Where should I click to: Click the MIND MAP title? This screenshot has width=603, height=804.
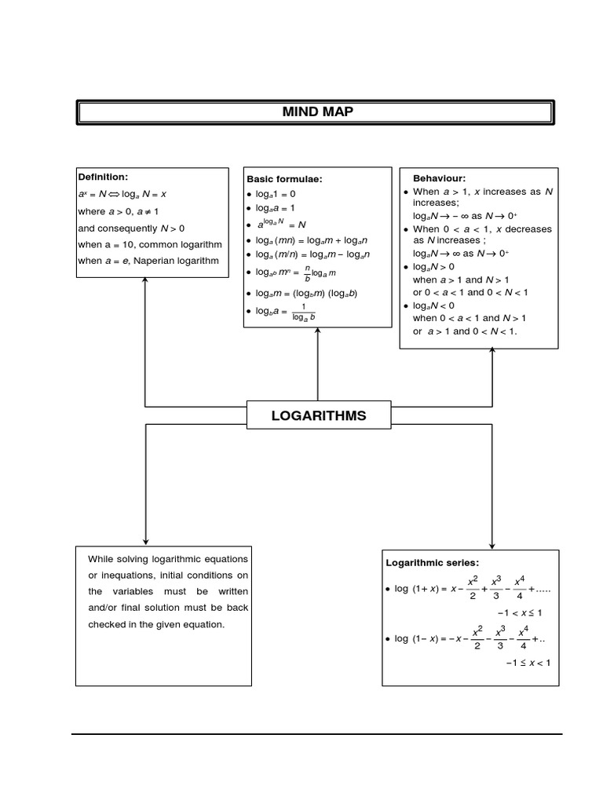(x=317, y=112)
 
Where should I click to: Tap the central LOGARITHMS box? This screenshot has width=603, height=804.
(x=318, y=415)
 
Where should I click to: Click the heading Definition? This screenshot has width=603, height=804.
(x=102, y=177)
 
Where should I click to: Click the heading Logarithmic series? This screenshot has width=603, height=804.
(x=432, y=562)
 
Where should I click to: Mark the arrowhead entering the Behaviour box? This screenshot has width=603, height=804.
(x=492, y=353)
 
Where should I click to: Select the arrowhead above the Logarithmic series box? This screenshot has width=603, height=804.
(x=492, y=544)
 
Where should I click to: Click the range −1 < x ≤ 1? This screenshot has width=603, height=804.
(x=519, y=612)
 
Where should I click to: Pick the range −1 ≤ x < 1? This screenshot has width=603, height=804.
(x=527, y=663)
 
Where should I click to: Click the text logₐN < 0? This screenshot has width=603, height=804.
(x=433, y=305)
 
